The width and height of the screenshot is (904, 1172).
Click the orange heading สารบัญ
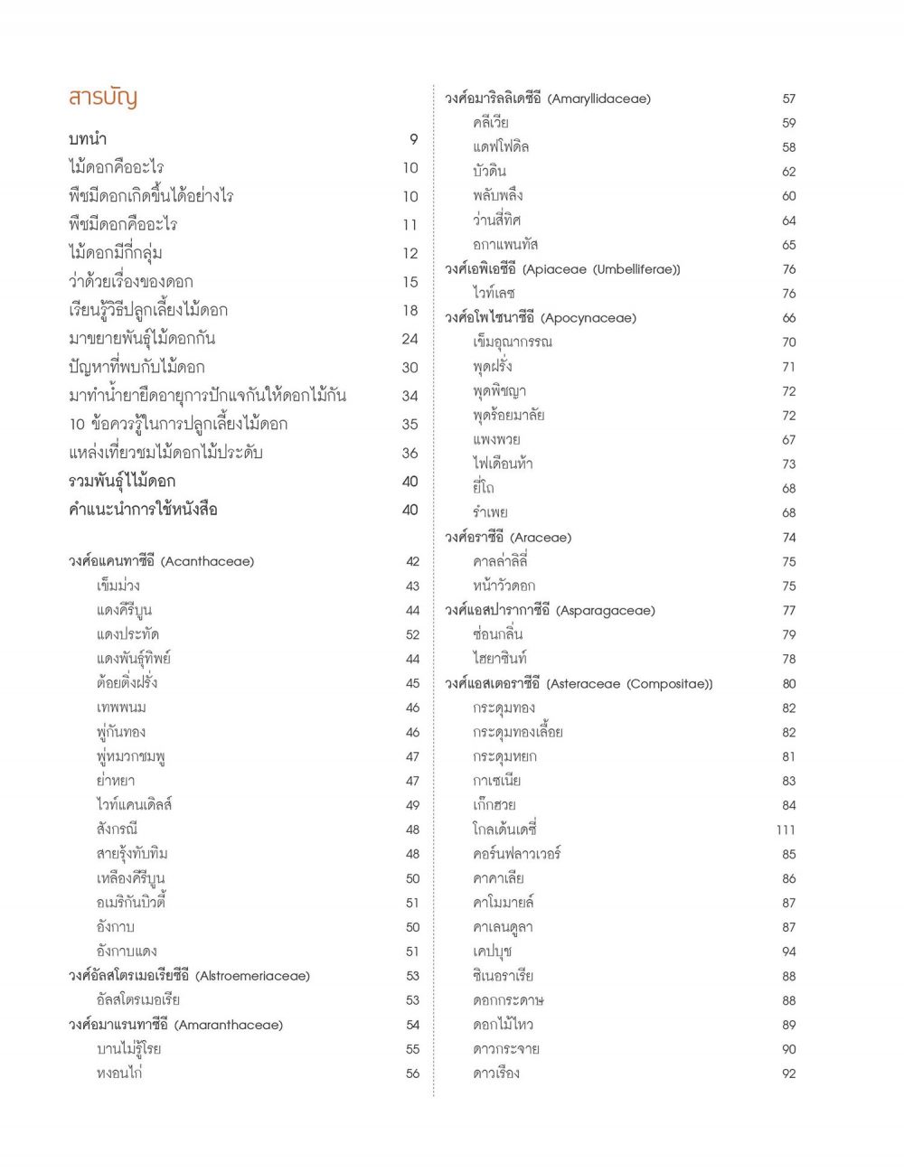click(102, 98)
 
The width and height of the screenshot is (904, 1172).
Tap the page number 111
click(786, 830)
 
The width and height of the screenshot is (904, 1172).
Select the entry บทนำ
click(88, 139)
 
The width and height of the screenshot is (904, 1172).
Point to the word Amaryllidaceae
click(599, 98)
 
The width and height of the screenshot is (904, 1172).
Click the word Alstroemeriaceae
click(252, 976)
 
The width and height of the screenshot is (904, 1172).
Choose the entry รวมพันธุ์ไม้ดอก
click(122, 482)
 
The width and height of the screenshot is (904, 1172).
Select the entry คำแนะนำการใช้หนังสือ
click(143, 510)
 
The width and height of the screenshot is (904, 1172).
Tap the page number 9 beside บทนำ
click(414, 139)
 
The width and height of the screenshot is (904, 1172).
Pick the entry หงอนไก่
click(119, 1074)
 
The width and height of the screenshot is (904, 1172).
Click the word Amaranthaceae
click(229, 1025)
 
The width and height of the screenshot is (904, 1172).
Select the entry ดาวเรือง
click(495, 1074)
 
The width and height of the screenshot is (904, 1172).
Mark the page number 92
click(789, 1074)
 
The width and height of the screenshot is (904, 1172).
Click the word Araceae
click(541, 538)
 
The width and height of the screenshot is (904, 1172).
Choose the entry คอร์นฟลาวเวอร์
click(516, 854)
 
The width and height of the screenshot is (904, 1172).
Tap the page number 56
click(413, 1074)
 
